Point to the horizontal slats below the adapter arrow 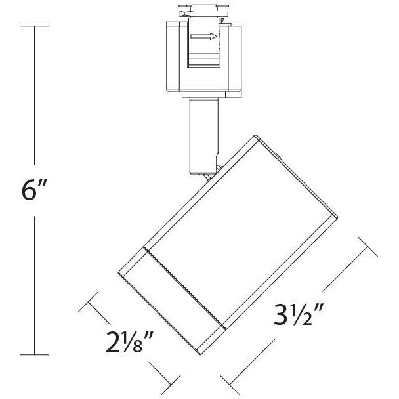point(203,60)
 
